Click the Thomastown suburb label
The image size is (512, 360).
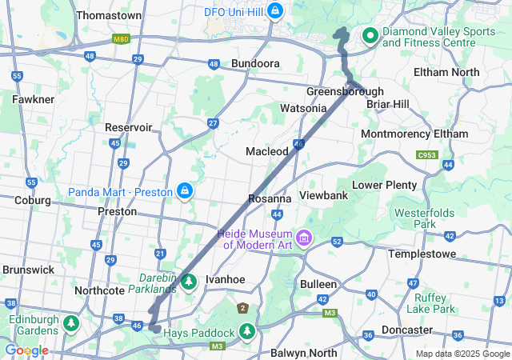coord(109,15)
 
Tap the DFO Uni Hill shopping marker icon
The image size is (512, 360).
coord(275,10)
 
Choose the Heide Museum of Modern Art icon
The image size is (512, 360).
coord(303,238)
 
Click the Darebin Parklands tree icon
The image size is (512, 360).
coord(190,281)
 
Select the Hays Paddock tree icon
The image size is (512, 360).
coord(247,330)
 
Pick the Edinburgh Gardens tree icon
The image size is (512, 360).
coord(71,323)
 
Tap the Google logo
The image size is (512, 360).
coord(26,350)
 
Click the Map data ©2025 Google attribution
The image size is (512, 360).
coord(462,354)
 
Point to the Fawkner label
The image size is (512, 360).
coord(34,99)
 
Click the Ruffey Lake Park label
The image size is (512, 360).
coord(430,302)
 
